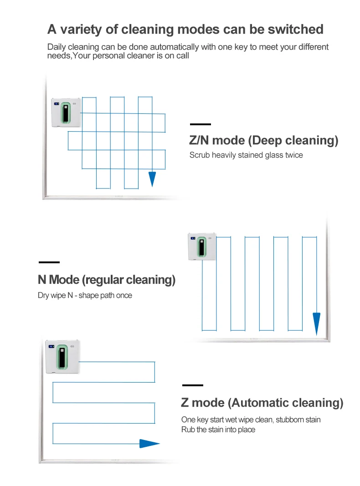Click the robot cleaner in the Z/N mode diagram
click(66, 113)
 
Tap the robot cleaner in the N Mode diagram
click(202, 246)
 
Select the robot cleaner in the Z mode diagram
click(62, 357)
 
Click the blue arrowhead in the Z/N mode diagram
click(152, 179)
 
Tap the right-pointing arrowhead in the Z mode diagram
click(149, 444)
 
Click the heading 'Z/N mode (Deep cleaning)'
click(263, 140)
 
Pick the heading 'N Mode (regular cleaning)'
click(107, 280)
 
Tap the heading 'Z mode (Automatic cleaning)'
click(262, 403)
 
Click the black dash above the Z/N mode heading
click(201, 124)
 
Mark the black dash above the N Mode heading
click(49, 262)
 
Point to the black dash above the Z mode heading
click(193, 385)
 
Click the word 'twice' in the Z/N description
click(294, 155)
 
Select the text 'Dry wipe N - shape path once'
click(85, 296)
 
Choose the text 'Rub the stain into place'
click(218, 430)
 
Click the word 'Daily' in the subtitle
click(57, 47)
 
